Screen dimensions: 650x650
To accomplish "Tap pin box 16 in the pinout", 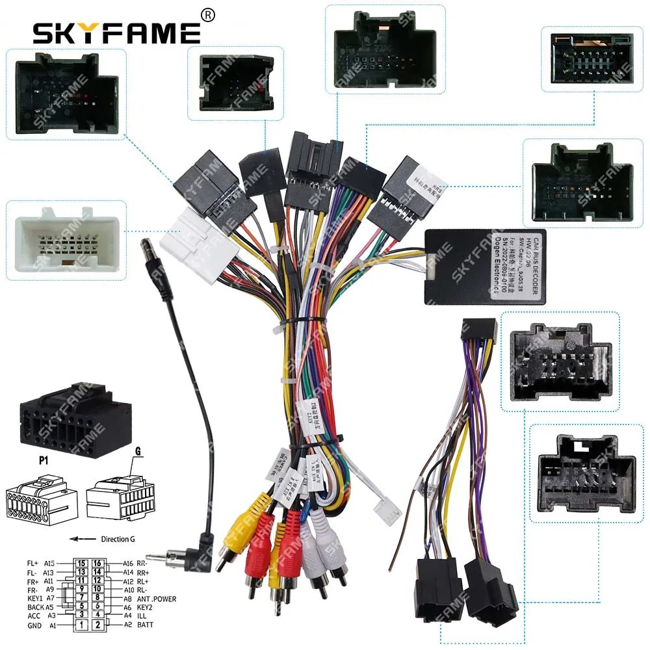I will (97, 564).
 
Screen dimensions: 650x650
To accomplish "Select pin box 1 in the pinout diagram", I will (81, 625).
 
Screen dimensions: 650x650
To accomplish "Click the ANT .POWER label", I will (156, 599).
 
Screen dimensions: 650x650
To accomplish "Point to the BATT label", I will (147, 625).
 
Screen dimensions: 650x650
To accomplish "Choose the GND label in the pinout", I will (34, 625).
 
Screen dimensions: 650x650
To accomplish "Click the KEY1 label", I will (34, 598).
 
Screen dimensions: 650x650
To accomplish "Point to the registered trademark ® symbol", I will (208, 14).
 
